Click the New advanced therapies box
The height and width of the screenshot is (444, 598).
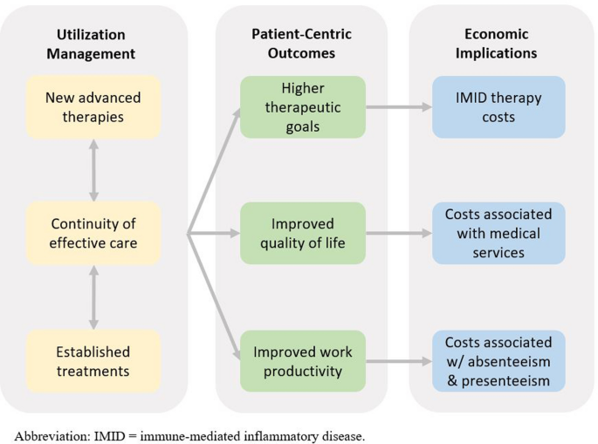pos(93,107)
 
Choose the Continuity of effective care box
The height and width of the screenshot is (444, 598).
pos(93,233)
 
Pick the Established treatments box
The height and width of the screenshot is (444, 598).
pos(93,361)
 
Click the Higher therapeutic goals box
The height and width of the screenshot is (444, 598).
pos(303,107)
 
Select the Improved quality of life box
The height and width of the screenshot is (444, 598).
pos(303,233)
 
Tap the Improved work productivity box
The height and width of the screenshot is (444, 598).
pos(303,361)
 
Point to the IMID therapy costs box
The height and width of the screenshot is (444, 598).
pos(498,107)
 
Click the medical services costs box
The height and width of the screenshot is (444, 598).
pos(498,233)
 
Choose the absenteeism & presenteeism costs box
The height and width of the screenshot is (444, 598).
pos(498,361)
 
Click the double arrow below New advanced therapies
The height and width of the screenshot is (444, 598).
pos(93,170)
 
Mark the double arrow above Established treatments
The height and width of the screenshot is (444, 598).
pos(93,297)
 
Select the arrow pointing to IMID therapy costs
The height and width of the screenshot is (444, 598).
pos(398,107)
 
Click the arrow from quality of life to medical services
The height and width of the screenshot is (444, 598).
pos(398,233)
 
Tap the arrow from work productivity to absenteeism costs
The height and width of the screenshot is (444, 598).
pos(398,361)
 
